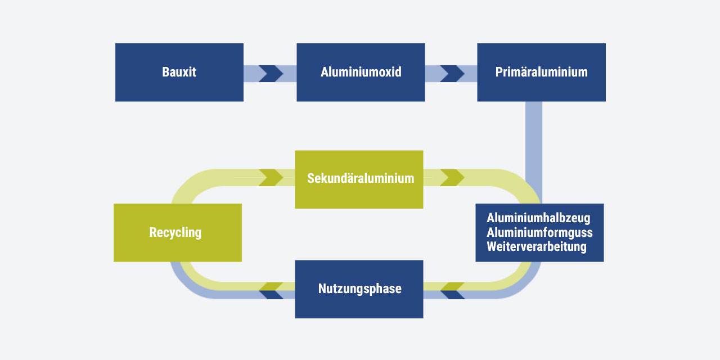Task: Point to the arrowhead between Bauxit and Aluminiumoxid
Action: click(271, 74)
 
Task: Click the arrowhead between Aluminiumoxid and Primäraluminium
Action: click(452, 74)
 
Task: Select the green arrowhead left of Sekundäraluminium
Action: click(271, 177)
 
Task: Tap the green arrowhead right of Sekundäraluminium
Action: click(452, 177)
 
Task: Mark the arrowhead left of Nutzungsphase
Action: click(271, 290)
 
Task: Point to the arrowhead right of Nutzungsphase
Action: click(452, 290)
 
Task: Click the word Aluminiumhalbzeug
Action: click(538, 218)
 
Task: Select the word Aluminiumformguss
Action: click(539, 232)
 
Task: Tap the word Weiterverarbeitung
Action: click(537, 246)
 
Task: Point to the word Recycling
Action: click(175, 232)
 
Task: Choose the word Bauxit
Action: click(179, 72)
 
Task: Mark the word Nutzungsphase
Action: click(359, 289)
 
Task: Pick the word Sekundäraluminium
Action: click(361, 178)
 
